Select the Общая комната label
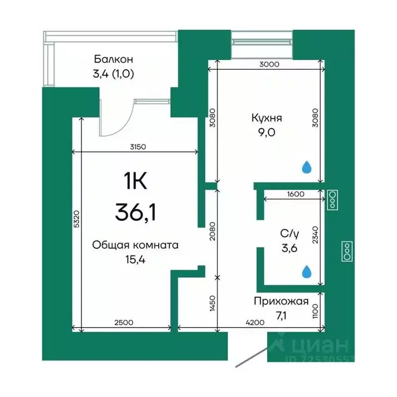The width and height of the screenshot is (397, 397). tap(135, 246)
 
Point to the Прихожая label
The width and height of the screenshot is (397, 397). tap(281, 302)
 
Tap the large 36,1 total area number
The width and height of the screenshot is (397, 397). tap(135, 212)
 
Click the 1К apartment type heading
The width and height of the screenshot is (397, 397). tap(135, 181)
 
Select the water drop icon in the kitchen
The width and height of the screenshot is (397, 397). tap(307, 167)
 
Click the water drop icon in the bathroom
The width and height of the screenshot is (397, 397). tap(307, 271)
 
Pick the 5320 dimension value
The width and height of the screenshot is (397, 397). tap(76, 221)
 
